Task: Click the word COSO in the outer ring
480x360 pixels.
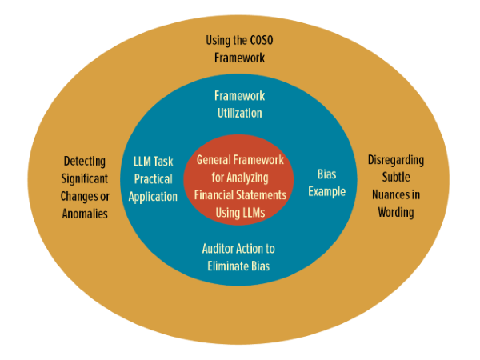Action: tap(262, 40)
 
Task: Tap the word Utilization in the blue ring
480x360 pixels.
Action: tap(240, 113)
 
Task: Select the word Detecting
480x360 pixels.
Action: tap(85, 162)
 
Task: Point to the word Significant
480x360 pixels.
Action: tap(85, 178)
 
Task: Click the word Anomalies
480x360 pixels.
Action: tap(85, 214)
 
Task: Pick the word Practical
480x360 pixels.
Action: tap(154, 179)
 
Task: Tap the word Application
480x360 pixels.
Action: tap(153, 197)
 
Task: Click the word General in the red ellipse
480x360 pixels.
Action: tap(214, 160)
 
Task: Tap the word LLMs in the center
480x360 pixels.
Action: tap(251, 213)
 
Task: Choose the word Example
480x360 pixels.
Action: tap(327, 192)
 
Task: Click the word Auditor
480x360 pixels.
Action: tap(218, 249)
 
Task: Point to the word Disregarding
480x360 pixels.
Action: tap(396, 160)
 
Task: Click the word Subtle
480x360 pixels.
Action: tap(396, 177)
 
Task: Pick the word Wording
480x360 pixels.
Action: tap(396, 213)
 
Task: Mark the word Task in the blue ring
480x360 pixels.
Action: tap(163, 162)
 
